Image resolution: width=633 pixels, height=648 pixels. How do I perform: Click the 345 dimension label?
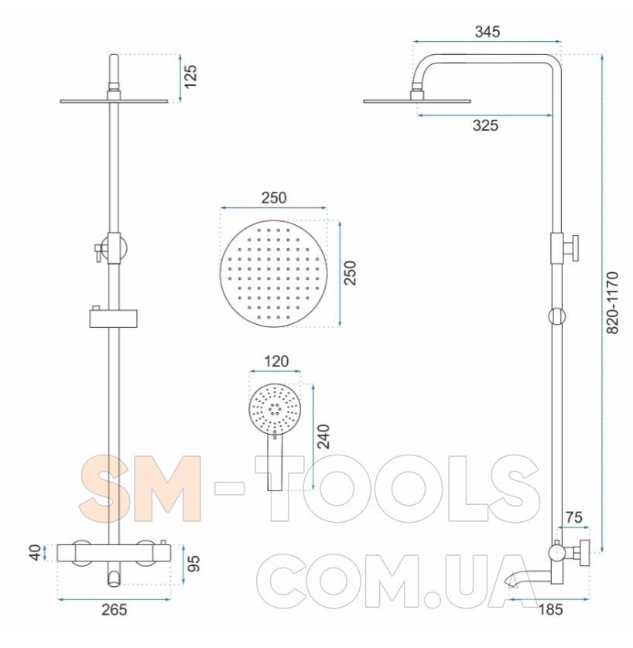pyautogui.click(x=488, y=32)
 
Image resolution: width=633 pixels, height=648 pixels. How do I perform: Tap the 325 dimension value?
pyautogui.click(x=485, y=125)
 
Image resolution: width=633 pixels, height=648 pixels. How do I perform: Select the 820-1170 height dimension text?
pyautogui.click(x=612, y=303)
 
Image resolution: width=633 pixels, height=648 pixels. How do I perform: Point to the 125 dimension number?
pyautogui.click(x=190, y=76)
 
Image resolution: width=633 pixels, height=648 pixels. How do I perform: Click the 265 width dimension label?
pyautogui.click(x=114, y=609)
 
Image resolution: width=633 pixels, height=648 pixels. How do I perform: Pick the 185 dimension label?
pyautogui.click(x=551, y=609)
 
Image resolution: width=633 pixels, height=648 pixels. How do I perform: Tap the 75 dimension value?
pyautogui.click(x=573, y=517)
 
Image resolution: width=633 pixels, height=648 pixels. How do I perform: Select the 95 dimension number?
pyautogui.click(x=193, y=564)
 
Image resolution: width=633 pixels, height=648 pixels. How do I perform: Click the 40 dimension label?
pyautogui.click(x=36, y=553)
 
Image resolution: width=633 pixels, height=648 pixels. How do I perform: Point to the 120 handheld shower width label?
pyautogui.click(x=276, y=361)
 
